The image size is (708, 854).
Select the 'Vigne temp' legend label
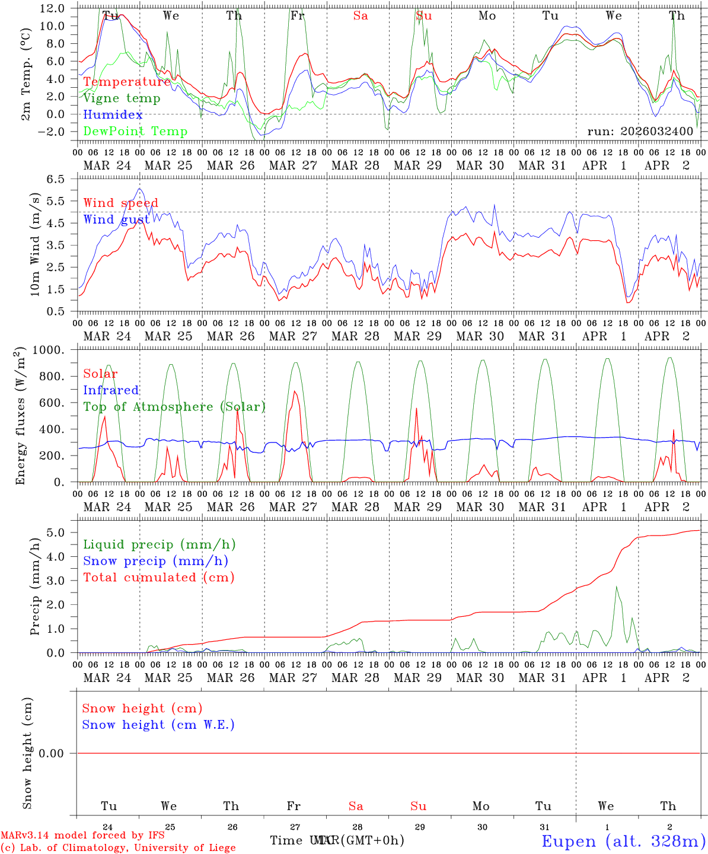coord(122,98)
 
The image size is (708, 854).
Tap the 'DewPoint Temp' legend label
coord(135,132)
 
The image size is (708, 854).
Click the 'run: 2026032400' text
coord(640,132)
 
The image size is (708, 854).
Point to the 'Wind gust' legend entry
coord(116,219)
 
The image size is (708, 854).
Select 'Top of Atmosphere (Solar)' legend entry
coord(174,407)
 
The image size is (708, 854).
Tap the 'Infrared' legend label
coord(111,390)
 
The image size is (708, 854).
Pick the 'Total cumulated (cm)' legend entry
coord(159,578)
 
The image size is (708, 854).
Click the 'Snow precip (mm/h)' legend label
coord(155,561)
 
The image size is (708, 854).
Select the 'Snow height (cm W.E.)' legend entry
coord(158,725)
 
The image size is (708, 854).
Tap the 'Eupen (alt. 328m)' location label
coord(624,841)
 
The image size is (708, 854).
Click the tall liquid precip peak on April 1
coord(616,587)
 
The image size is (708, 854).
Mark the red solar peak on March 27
coord(295,391)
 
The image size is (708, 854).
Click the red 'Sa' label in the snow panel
coord(356,806)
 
